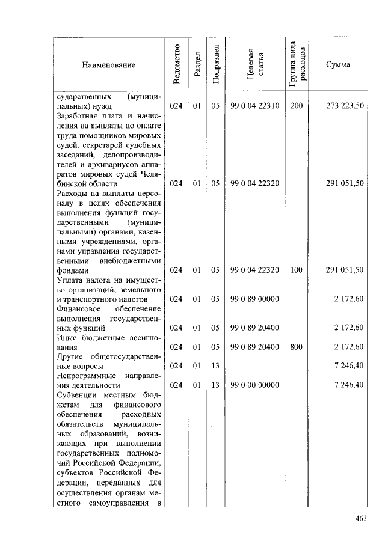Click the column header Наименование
pyautogui.click(x=109, y=65)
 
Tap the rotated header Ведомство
pyautogui.click(x=176, y=64)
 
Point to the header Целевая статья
pyautogui.click(x=255, y=64)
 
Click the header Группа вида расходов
pyautogui.click(x=296, y=64)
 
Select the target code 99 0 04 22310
pyautogui.click(x=254, y=106)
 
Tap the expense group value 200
pyautogui.click(x=296, y=106)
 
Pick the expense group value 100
pyautogui.click(x=296, y=270)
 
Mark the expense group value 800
pyautogui.click(x=296, y=347)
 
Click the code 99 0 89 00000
pyautogui.click(x=254, y=299)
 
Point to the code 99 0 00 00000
pyautogui.click(x=254, y=385)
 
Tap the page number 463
pyautogui.click(x=361, y=519)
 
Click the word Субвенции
pyautogui.click(x=75, y=395)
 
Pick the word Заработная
pyautogui.click(x=76, y=116)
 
